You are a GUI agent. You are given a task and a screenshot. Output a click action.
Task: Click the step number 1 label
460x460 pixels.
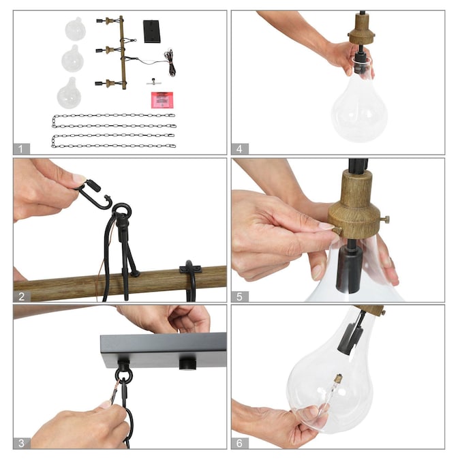point(20,149)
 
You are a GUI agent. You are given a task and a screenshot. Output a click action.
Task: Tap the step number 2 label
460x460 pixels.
point(21,296)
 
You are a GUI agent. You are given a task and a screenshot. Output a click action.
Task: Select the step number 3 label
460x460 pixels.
point(21,443)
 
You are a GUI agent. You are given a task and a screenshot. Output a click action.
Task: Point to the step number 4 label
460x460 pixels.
point(239,149)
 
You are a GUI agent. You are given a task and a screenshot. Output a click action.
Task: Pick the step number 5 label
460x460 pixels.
point(239,296)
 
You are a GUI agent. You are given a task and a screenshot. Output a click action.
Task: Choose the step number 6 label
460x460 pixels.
point(239,443)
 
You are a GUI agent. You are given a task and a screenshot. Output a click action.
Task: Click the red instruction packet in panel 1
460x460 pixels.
point(162,100)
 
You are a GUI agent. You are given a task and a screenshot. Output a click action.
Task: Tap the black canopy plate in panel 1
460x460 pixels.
point(152,31)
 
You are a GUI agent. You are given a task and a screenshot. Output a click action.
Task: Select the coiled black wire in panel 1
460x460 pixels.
point(170,63)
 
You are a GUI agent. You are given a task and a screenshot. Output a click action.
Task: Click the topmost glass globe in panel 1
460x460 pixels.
point(75,29)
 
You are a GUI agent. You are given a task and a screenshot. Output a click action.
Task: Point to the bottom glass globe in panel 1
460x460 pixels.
point(69,93)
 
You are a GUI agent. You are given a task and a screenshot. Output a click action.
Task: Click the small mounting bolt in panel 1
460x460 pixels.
point(154,82)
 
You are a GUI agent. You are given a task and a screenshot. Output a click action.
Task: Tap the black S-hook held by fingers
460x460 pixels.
point(95,195)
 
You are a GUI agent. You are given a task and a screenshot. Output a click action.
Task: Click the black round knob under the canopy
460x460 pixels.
point(188,364)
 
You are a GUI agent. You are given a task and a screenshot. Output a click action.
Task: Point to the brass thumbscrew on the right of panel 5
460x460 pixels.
point(384,219)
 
